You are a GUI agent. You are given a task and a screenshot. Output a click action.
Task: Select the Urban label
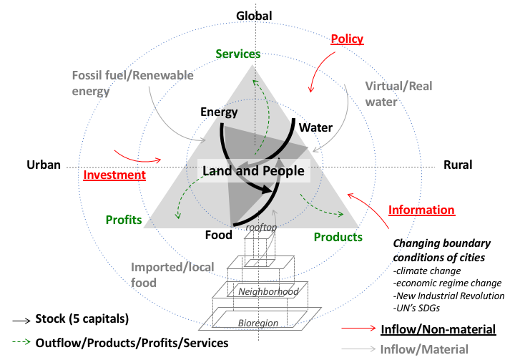(x=41, y=164)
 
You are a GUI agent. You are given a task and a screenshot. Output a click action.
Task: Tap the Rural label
(x=458, y=165)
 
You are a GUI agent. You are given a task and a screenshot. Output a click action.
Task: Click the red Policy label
(x=347, y=39)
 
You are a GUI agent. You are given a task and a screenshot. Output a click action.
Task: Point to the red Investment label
(x=114, y=175)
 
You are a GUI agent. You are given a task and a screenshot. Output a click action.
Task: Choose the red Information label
(x=421, y=210)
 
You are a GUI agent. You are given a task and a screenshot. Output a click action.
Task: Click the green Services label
(x=238, y=54)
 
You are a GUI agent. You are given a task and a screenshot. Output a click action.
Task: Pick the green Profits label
(x=124, y=219)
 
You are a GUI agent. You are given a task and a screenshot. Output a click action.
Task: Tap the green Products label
(x=338, y=237)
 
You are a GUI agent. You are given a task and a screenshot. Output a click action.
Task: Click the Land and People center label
(x=253, y=171)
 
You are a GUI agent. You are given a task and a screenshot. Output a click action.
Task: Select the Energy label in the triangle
(x=219, y=112)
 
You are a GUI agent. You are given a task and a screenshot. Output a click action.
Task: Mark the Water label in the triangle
(x=315, y=128)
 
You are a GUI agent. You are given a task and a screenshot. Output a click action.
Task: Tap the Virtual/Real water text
(x=388, y=93)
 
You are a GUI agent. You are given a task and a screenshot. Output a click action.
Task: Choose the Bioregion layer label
(x=258, y=323)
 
